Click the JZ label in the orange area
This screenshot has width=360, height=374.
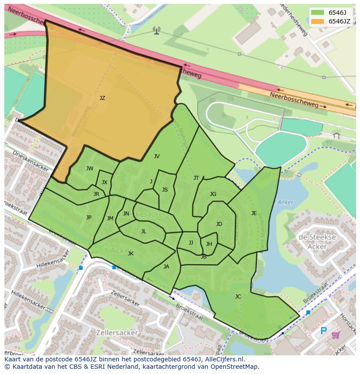(x=102, y=98)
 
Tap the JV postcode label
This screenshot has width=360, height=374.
(x=157, y=156)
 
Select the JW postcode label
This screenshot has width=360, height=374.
(x=90, y=169)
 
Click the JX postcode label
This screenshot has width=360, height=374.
(x=104, y=183)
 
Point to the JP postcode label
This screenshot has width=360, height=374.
(x=89, y=218)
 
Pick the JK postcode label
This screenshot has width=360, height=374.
(x=130, y=254)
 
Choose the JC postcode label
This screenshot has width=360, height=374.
(x=238, y=297)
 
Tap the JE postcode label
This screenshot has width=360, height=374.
(x=254, y=213)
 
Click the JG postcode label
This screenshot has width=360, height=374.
(x=213, y=194)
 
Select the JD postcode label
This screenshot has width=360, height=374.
(x=219, y=224)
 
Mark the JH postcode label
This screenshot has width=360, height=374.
(x=209, y=244)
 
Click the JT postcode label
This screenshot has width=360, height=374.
(x=196, y=178)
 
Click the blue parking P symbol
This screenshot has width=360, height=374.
(x=323, y=331)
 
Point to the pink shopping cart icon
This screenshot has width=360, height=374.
(x=336, y=335)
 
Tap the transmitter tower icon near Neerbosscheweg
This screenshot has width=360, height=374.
(x=157, y=30)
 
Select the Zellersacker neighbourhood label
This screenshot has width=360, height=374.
(x=118, y=333)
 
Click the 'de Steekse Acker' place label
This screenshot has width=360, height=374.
(x=317, y=242)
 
